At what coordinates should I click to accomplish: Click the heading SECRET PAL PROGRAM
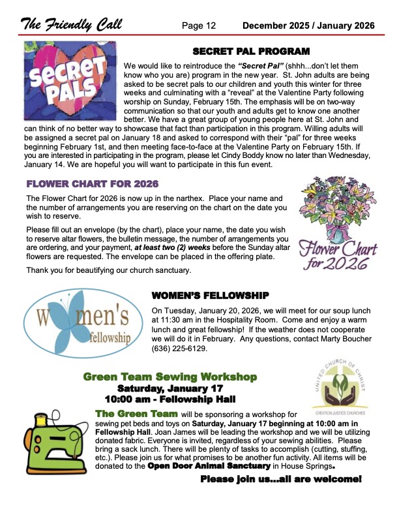coord(251,51)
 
